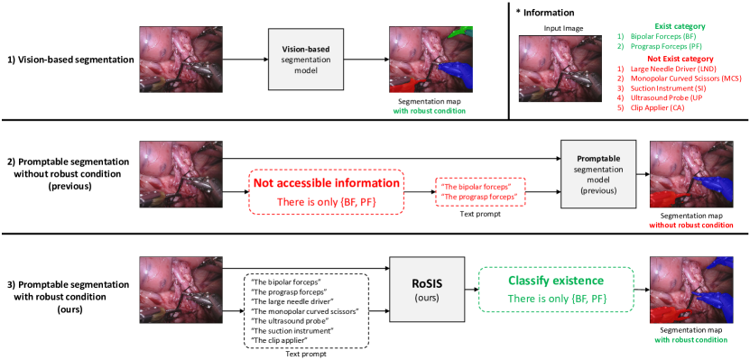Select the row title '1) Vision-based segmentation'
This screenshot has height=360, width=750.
pyautogui.click(x=70, y=60)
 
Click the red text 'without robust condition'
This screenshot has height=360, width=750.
pyautogui.click(x=692, y=225)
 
